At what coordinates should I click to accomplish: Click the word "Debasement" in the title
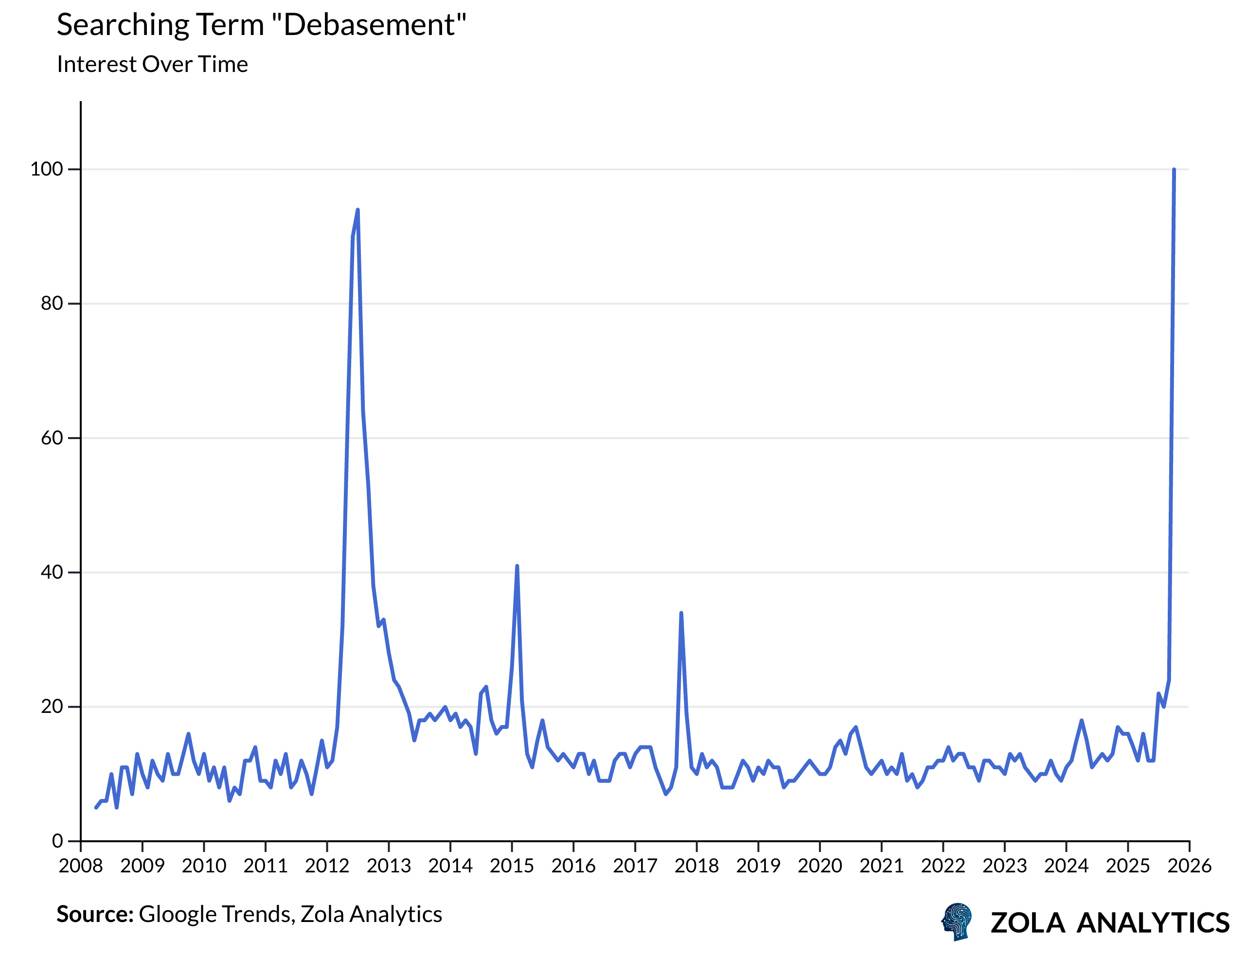point(374,25)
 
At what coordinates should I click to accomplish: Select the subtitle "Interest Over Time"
point(152,64)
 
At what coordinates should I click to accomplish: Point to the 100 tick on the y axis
point(47,169)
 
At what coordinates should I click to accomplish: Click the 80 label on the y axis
point(51,303)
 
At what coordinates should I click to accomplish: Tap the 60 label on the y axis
point(51,438)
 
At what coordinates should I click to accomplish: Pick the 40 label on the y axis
point(51,572)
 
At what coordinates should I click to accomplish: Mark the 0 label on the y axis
point(57,841)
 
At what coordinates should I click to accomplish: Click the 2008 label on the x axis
point(81,867)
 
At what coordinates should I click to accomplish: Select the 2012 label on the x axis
point(327,867)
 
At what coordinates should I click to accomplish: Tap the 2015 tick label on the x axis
point(512,867)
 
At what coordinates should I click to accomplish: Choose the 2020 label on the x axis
point(820,867)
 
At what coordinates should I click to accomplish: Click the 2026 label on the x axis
point(1190,867)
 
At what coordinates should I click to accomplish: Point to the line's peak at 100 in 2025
point(1174,170)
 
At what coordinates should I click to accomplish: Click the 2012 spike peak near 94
point(358,210)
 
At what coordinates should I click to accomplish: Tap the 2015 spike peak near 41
point(517,566)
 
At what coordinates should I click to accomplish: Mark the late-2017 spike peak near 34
point(681,614)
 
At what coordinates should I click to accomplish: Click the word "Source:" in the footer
point(94,914)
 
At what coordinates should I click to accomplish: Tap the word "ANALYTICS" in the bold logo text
point(1153,923)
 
